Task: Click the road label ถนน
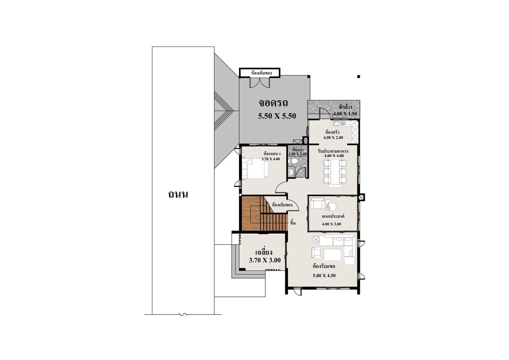tap(178, 195)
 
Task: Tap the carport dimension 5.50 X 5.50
tap(277, 116)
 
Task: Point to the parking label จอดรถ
tap(273, 103)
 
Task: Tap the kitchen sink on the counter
tap(339, 123)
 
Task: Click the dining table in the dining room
tap(335, 173)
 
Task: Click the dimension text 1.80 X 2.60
tap(298, 154)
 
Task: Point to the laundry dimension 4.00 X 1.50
tap(345, 114)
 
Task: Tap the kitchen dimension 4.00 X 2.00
tap(333, 138)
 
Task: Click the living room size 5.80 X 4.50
tap(324, 276)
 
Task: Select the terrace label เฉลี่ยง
tap(264, 253)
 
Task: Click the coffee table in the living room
tap(332, 255)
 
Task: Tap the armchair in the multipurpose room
tap(317, 203)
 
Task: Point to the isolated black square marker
tap(359, 77)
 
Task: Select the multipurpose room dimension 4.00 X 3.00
tap(332, 224)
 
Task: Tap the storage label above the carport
tap(261, 73)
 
